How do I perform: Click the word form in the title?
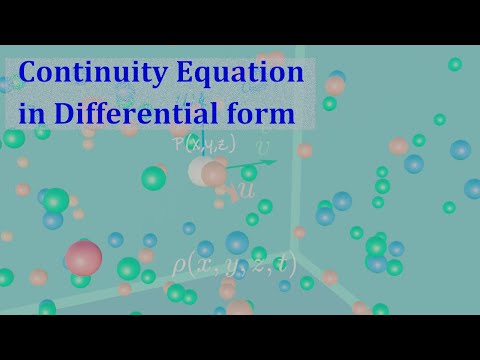pos(266,113)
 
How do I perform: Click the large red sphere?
pos(84,258)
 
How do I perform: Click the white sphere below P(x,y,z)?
pos(205,171)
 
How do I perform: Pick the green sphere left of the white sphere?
pos(153,178)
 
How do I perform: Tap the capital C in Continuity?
pos(31,74)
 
